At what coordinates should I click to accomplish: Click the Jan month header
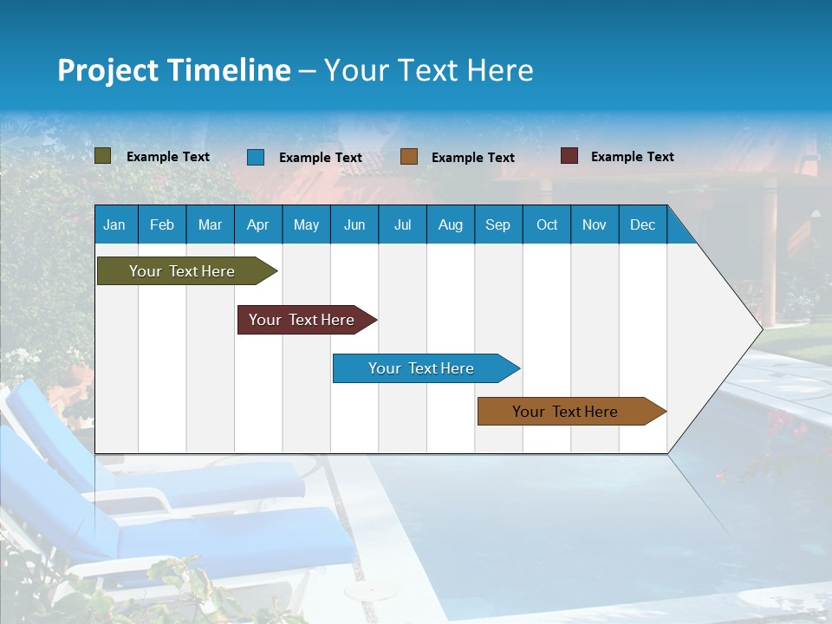point(114,225)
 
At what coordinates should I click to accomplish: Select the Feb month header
point(162,225)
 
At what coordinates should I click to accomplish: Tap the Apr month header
point(257,225)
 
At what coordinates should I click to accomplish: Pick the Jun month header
point(354,225)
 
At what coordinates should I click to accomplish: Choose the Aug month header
point(450,225)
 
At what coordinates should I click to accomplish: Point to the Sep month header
point(497,225)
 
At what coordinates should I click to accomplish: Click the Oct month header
point(547,225)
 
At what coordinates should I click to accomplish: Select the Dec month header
point(642,225)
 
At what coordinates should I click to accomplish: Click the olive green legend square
point(103,156)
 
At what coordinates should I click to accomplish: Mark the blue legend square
point(256,157)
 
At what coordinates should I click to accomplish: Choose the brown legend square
point(409,156)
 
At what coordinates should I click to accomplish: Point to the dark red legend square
point(569,156)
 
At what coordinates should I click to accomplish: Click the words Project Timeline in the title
point(173,70)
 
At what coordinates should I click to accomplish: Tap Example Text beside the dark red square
point(632,157)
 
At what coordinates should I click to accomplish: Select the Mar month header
point(210,225)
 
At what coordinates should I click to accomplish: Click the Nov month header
point(595,225)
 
